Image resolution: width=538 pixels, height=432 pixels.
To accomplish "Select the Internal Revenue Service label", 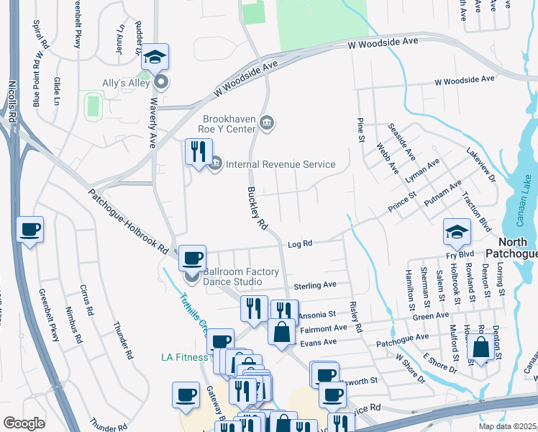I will [x=281, y=164].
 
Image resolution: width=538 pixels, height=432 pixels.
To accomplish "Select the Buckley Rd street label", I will [x=257, y=209].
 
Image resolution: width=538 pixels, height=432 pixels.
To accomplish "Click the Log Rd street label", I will [x=300, y=244].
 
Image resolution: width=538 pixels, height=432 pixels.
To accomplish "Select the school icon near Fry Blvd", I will [x=457, y=232].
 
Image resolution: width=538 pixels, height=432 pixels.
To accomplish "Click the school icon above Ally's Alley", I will [x=155, y=56].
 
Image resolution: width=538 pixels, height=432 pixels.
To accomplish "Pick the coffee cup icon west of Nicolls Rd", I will [x=29, y=230].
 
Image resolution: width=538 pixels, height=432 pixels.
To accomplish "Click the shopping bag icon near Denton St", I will [x=480, y=348].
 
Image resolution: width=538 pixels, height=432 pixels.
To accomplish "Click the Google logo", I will [x=24, y=423].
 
